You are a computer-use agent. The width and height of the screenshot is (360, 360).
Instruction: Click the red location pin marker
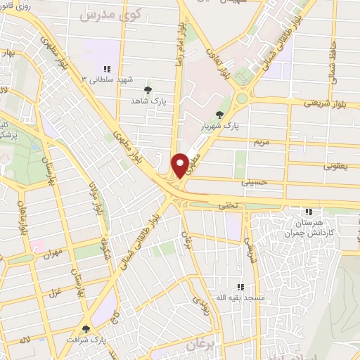(181, 165)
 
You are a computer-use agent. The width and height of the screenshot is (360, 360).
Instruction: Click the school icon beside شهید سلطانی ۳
(107, 69)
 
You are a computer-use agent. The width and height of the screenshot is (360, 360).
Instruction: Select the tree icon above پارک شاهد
(147, 89)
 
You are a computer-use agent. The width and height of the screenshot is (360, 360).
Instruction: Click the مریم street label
(261, 142)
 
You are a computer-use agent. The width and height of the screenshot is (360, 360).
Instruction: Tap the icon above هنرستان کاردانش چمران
(307, 212)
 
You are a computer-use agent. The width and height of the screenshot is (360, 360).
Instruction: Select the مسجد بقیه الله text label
(240, 298)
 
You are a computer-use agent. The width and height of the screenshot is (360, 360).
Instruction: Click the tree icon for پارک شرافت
(86, 328)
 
